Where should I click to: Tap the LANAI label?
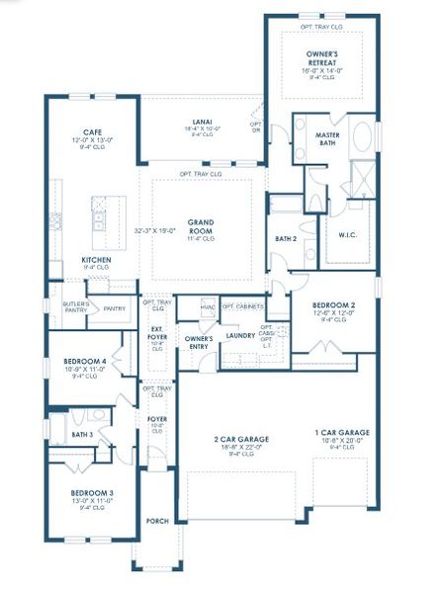click(201, 122)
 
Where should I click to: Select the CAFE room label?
click(93, 131)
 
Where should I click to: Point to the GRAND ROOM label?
click(203, 225)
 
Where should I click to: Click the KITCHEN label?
click(96, 261)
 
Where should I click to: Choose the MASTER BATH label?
click(328, 138)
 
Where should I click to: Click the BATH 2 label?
click(286, 239)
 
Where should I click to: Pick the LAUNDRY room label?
click(240, 335)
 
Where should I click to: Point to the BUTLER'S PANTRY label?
click(75, 306)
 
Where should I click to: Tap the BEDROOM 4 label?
click(84, 361)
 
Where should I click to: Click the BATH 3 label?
click(82, 434)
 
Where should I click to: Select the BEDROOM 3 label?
click(91, 492)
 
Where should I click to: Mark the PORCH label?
click(157, 521)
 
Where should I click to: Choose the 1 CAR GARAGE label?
click(342, 433)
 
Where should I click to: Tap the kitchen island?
click(99, 222)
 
